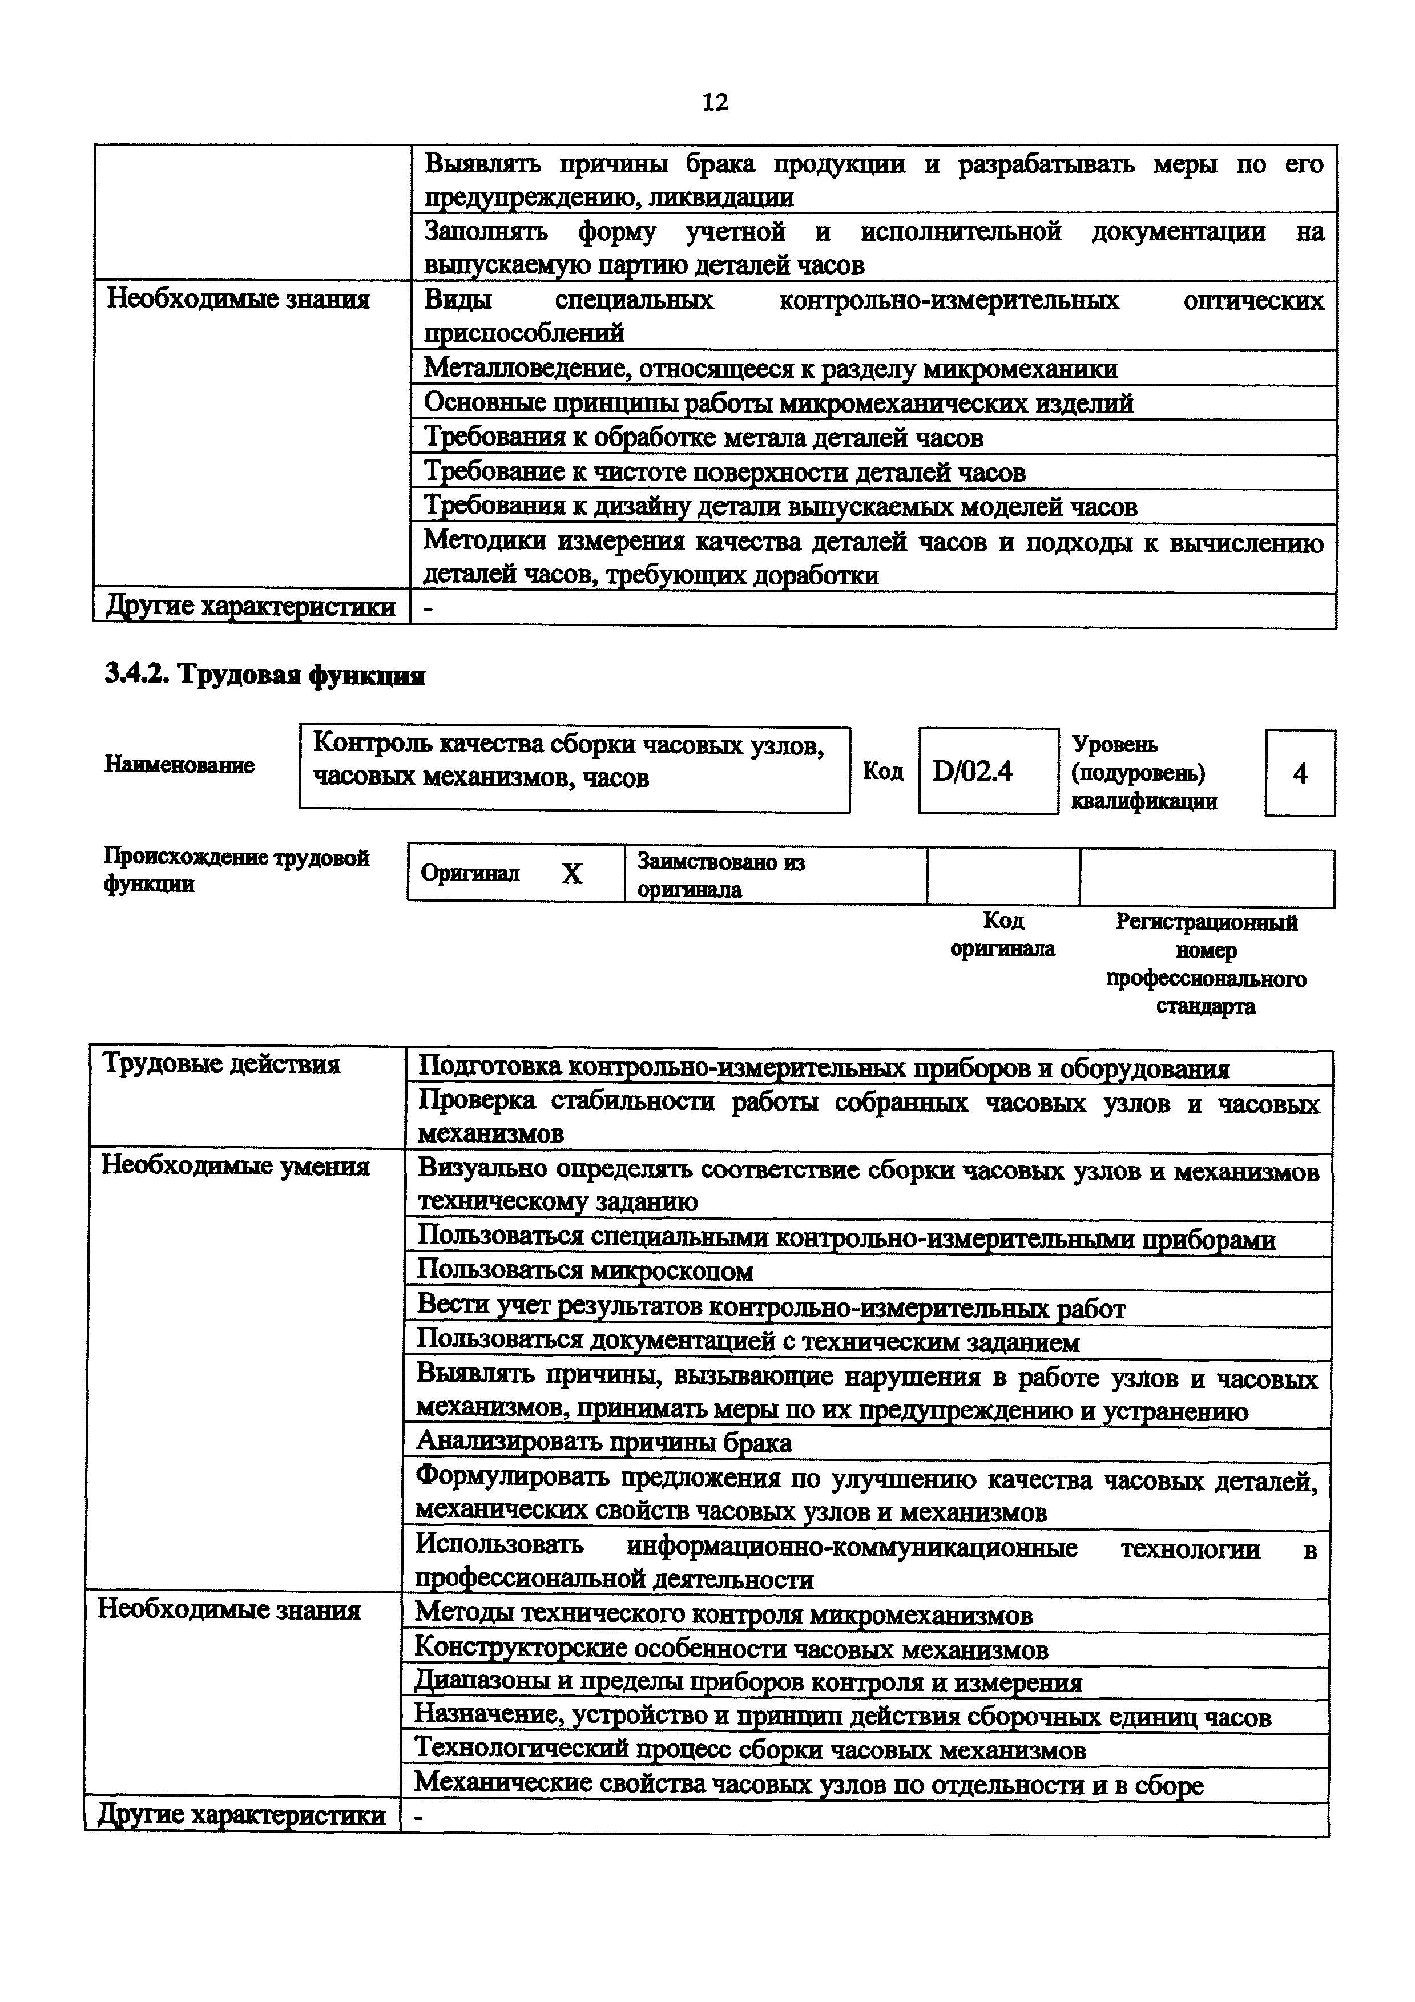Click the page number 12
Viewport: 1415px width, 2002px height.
coord(714,103)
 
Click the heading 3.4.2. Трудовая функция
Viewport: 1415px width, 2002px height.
coord(264,675)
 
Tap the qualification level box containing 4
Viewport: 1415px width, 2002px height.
coord(1299,773)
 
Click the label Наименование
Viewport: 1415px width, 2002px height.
coord(180,765)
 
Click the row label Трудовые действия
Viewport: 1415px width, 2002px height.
coord(221,1065)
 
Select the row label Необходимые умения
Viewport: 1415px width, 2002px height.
coord(235,1166)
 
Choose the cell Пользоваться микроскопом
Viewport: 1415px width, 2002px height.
coord(585,1272)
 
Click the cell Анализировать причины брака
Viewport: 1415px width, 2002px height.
coord(604,1442)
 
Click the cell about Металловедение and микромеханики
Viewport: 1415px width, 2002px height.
coord(770,368)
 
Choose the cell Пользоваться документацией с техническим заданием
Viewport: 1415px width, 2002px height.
coord(748,1342)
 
